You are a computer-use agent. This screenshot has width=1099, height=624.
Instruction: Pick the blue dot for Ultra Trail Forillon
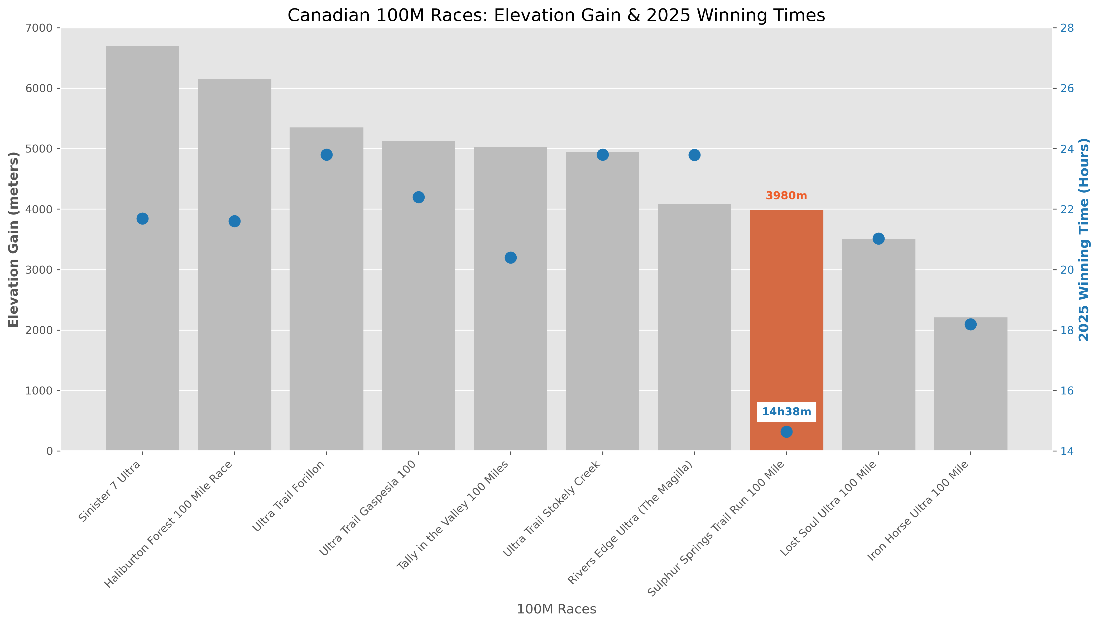[326, 155]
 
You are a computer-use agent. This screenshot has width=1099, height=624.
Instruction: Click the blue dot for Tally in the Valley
[511, 258]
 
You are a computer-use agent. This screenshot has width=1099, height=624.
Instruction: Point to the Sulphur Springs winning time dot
[786, 432]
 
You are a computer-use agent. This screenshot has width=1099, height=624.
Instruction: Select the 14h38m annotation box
[786, 412]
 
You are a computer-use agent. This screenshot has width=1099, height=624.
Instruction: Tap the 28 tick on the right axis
[1067, 28]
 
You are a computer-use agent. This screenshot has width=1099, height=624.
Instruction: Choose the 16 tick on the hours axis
[1067, 391]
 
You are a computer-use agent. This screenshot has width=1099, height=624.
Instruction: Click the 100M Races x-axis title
[556, 609]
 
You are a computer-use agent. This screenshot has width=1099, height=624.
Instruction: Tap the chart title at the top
[556, 15]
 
